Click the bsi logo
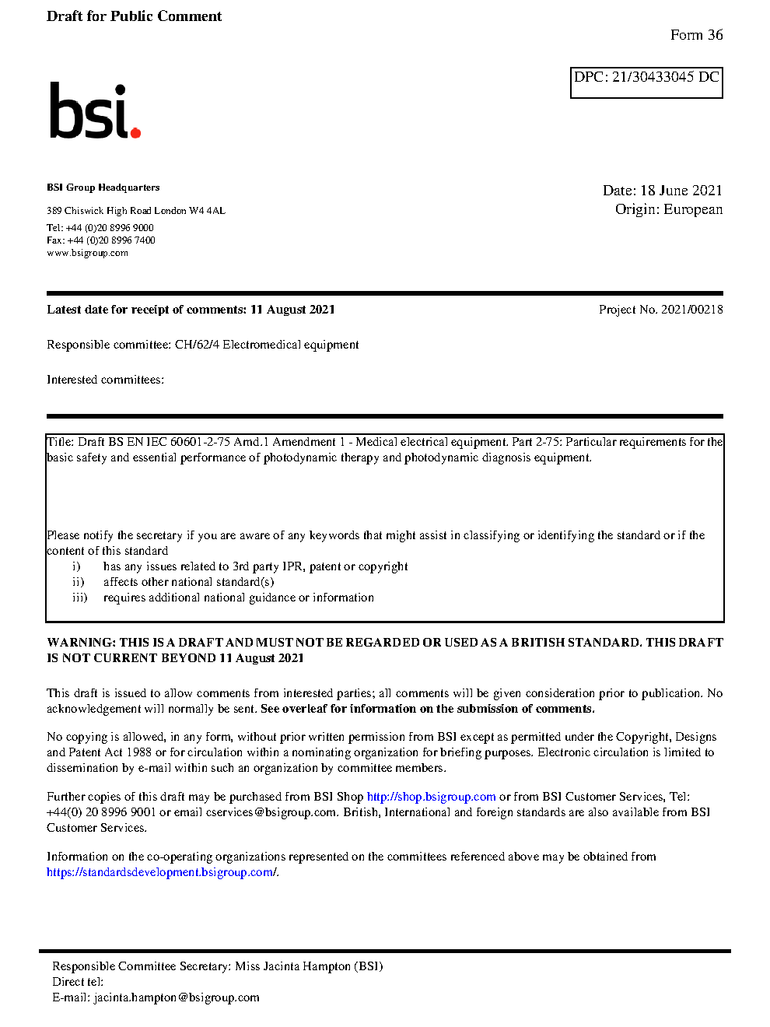point(93,111)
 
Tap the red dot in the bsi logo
point(135,133)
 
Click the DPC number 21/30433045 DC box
point(646,82)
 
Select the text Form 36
point(696,35)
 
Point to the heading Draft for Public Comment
point(134,16)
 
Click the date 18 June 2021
point(681,191)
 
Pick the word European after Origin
point(692,209)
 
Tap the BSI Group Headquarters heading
point(103,188)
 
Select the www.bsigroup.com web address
point(87,253)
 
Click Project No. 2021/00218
point(660,310)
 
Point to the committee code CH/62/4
point(197,345)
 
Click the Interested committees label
point(105,380)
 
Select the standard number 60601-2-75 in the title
point(200,442)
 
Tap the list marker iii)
point(79,598)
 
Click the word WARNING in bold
point(81,643)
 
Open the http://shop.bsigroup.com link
point(431,797)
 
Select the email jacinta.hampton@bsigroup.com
point(177,997)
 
